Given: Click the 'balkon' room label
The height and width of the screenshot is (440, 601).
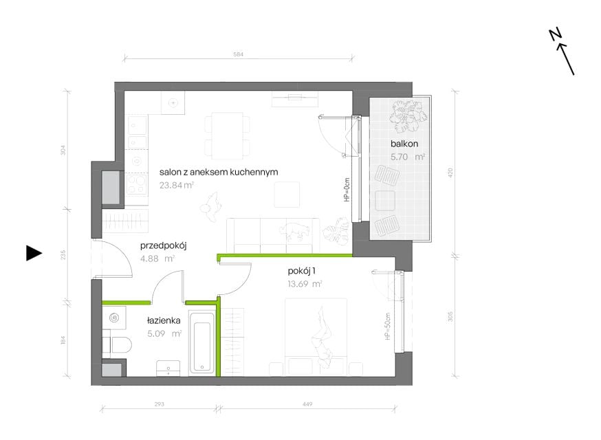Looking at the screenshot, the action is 404,144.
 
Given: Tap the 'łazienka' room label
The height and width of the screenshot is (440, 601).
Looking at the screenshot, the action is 164,321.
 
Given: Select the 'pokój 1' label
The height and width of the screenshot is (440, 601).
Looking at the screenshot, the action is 302,272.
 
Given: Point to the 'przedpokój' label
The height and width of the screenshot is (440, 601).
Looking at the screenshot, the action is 163,245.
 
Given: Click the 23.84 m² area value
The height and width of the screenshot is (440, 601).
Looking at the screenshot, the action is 177,185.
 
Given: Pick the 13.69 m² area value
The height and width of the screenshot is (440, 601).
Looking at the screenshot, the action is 305,284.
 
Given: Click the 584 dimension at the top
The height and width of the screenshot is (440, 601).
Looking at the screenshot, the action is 239,54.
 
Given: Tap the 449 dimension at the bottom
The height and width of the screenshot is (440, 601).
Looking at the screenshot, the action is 307,404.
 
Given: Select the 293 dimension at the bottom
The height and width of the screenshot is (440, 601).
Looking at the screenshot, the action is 159,404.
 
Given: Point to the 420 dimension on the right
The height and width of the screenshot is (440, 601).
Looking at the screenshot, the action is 451,173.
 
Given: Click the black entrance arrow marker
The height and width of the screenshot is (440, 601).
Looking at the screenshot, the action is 34,253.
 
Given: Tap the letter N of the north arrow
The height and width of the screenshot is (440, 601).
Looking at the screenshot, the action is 555,34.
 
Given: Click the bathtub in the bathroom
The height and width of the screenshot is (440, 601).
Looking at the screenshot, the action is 202,344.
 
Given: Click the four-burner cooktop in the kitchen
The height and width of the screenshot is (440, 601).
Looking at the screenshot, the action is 137,184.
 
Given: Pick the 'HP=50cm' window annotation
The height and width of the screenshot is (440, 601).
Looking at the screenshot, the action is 388,326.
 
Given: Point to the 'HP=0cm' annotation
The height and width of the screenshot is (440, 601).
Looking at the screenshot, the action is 347,190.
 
